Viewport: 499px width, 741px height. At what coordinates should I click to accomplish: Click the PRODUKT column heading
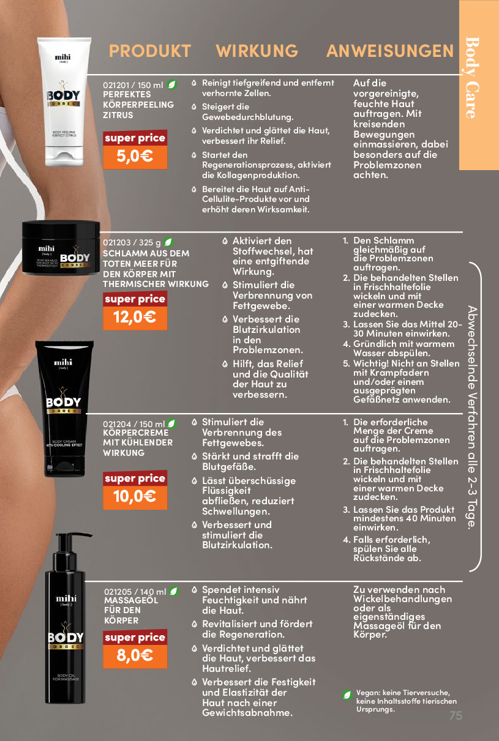(x=149, y=51)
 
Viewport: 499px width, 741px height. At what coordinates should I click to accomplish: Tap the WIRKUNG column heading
(x=257, y=51)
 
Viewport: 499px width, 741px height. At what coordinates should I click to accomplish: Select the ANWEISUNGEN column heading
(x=390, y=51)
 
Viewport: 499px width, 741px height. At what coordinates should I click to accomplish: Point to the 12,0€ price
(x=135, y=318)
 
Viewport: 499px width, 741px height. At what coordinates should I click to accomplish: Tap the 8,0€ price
(x=135, y=656)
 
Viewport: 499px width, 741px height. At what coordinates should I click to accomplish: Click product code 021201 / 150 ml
(x=133, y=85)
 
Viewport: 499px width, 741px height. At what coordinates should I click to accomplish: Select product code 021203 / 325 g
(x=132, y=242)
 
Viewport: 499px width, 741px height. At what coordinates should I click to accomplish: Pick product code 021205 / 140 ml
(x=135, y=592)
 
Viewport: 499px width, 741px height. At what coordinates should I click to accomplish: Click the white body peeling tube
(x=64, y=102)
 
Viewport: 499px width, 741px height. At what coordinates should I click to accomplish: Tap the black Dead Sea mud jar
(x=61, y=248)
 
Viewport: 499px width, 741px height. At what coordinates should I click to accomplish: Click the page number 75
(x=456, y=715)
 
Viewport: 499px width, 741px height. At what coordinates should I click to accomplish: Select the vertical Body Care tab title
(x=472, y=78)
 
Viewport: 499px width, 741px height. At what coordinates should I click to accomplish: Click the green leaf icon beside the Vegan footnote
(x=347, y=695)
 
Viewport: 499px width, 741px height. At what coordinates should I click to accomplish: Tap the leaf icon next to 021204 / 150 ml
(x=171, y=423)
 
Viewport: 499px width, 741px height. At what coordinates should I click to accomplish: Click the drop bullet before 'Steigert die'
(x=194, y=107)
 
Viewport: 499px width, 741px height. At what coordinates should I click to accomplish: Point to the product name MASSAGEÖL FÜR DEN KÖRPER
(x=132, y=610)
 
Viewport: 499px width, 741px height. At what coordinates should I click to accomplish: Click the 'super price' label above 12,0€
(x=135, y=299)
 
